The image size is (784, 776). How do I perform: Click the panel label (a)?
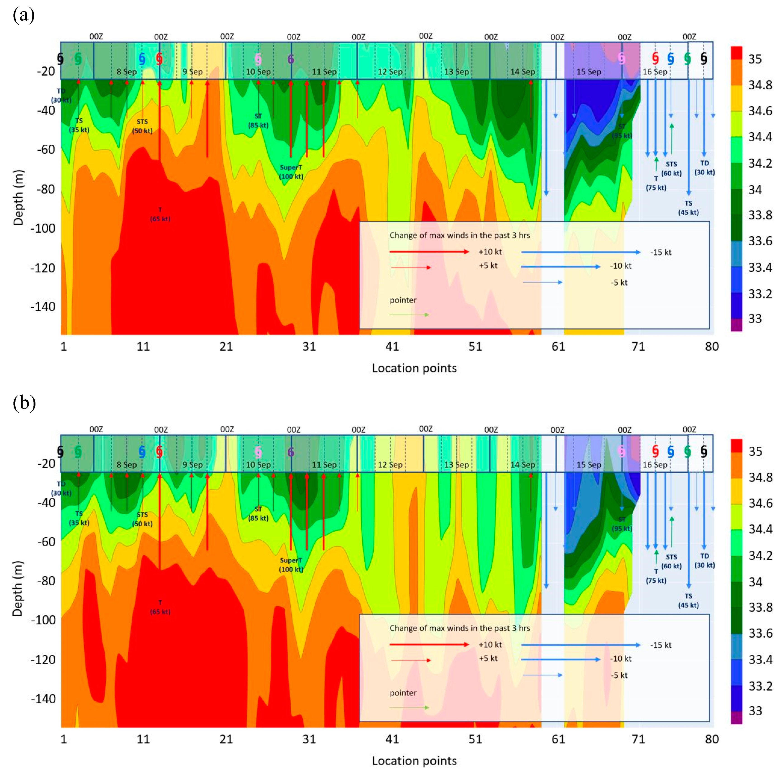(24, 15)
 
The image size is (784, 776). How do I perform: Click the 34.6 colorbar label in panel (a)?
(760, 111)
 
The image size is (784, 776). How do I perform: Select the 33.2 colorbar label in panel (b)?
(760, 686)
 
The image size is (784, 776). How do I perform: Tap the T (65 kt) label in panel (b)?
(160, 607)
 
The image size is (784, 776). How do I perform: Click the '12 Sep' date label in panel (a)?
(390, 72)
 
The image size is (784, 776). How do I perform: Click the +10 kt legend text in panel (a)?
(490, 252)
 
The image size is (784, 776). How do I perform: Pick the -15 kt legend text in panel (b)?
(661, 645)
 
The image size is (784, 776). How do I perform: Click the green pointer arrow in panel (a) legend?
(409, 315)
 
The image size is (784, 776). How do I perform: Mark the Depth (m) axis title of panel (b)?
(18, 589)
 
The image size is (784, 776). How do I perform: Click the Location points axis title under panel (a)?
(414, 368)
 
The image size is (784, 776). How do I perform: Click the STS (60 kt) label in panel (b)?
(671, 561)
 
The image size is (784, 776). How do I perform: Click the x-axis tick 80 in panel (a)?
(712, 346)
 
